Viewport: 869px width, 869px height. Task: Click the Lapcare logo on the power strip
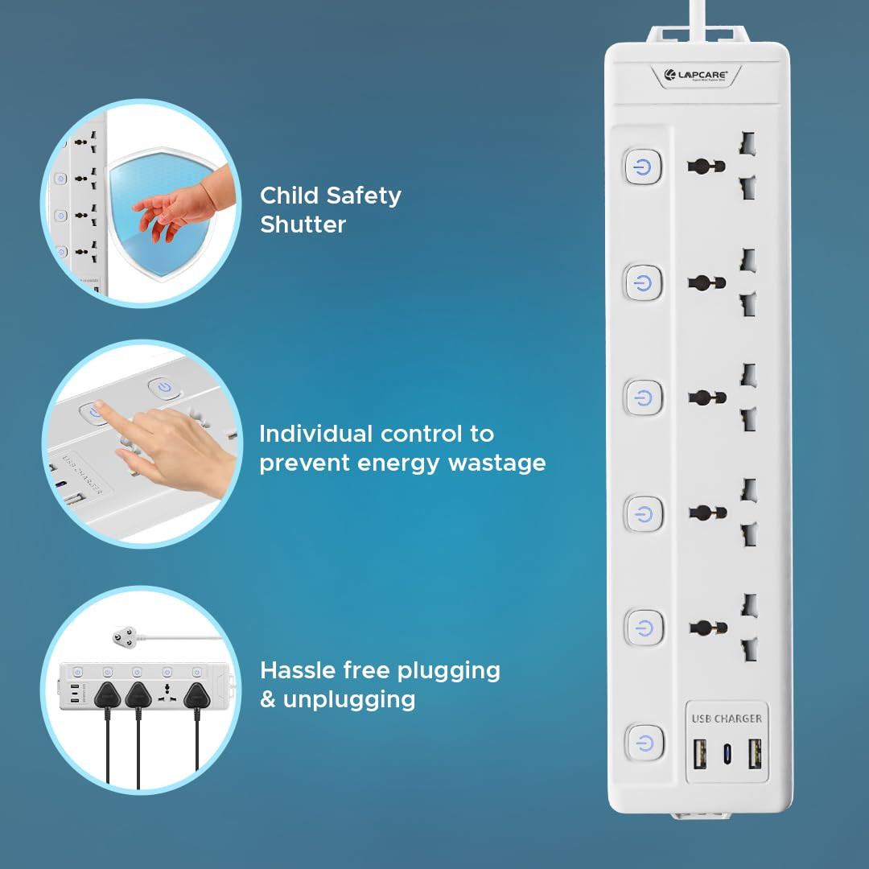[695, 75]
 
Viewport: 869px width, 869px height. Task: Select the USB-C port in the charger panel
[726, 754]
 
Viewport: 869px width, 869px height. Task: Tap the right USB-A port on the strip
[754, 754]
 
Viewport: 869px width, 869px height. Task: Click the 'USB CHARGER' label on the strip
[726, 718]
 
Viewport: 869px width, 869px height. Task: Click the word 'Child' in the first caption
[290, 196]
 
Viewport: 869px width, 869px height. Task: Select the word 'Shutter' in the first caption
[303, 224]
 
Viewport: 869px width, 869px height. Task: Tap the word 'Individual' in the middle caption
[316, 434]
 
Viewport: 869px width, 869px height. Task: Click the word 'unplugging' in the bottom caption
[349, 699]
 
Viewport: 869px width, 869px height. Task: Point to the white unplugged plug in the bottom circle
[125, 637]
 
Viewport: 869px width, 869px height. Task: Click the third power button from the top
[643, 397]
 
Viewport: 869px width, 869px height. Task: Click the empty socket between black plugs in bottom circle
[167, 693]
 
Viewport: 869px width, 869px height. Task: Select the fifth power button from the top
[643, 627]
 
